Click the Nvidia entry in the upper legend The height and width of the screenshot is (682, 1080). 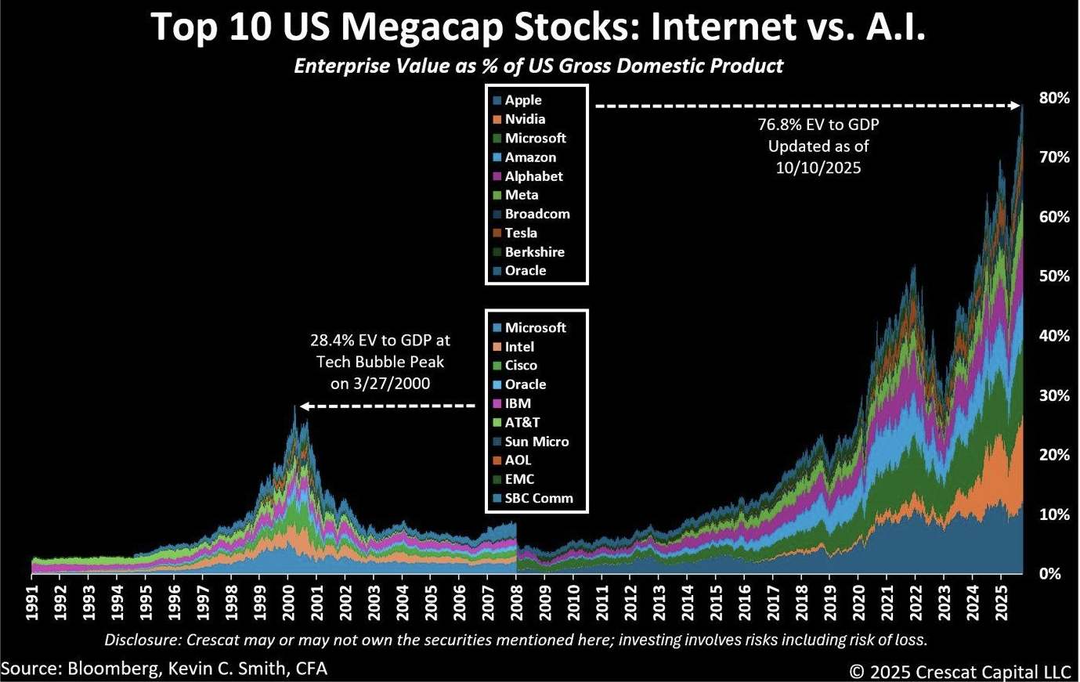[x=525, y=119]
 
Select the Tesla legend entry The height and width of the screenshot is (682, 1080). [x=521, y=233]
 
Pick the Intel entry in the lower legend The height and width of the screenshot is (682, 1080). [x=519, y=346]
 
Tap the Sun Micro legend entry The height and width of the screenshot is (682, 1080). [x=536, y=441]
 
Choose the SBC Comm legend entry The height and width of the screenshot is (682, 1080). [x=539, y=498]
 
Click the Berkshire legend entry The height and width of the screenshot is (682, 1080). [x=534, y=251]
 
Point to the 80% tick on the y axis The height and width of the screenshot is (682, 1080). [x=1054, y=98]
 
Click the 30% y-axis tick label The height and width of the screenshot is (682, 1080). [x=1054, y=395]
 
